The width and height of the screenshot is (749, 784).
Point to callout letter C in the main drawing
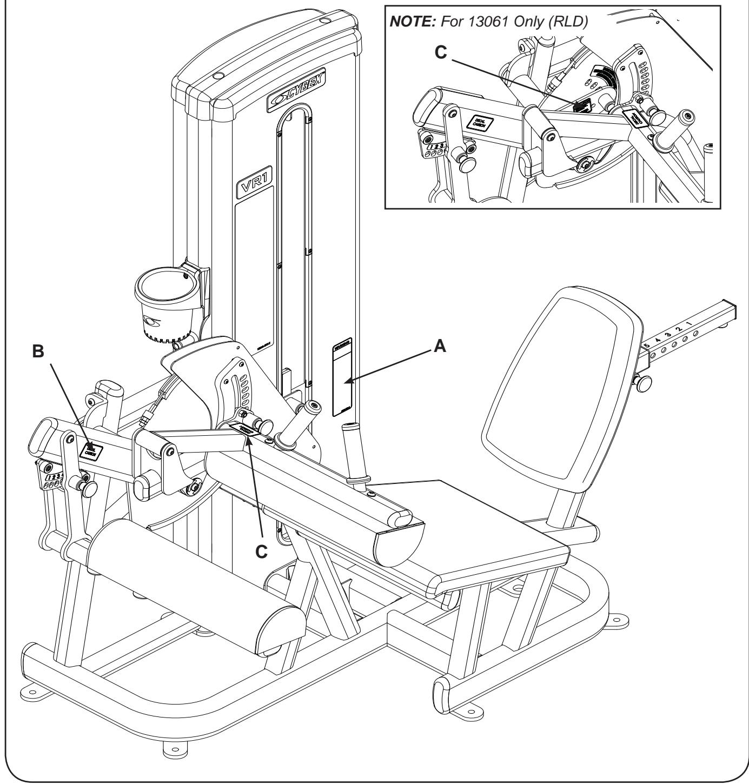[261, 552]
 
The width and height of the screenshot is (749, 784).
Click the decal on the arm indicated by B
[91, 450]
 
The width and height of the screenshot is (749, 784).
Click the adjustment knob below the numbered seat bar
[644, 383]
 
